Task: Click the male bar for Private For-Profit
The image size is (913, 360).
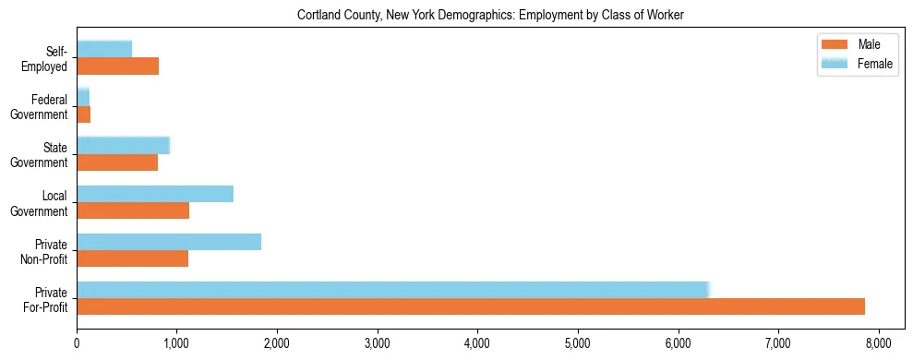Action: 471,306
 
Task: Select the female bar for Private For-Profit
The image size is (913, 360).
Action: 392,289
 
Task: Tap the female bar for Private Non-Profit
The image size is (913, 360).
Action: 169,241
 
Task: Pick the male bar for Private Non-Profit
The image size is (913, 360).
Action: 132,258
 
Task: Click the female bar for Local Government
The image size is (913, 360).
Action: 155,193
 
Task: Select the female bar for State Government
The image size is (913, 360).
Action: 123,145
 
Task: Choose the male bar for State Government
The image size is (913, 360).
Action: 117,162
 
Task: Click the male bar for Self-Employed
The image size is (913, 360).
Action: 117,66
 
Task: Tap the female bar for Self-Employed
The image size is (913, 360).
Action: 104,49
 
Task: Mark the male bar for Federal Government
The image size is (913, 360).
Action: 83,114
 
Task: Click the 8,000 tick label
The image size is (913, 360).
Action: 878,343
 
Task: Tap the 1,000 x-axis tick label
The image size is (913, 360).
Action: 176,343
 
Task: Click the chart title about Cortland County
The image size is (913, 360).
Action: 490,16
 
